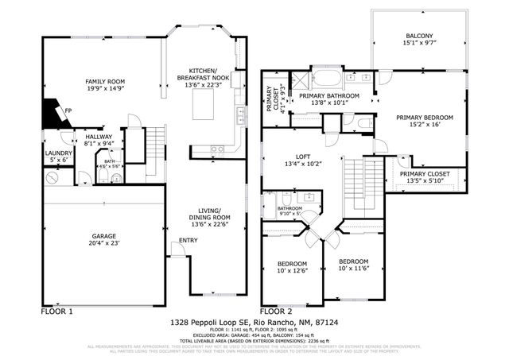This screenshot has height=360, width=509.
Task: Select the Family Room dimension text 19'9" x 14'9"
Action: tap(107, 91)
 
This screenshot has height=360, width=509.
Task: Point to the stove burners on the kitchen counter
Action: tap(215, 149)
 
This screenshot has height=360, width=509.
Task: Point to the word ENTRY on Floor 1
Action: tap(188, 241)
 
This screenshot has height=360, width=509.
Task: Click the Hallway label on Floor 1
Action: tap(99, 137)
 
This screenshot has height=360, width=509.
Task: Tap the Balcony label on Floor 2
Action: tap(419, 36)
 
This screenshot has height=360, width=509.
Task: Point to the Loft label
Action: tap(302, 156)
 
